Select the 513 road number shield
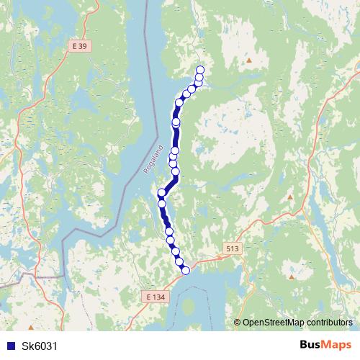click(x=231, y=248)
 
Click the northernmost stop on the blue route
click(x=200, y=69)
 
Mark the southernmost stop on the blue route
click(x=185, y=270)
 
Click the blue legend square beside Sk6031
click(x=10, y=346)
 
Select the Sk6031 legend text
click(x=39, y=346)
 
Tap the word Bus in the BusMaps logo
click(x=310, y=345)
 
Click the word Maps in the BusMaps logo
click(x=336, y=345)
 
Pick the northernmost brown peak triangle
click(x=249, y=60)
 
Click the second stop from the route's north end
click(x=199, y=76)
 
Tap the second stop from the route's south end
click(x=180, y=263)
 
